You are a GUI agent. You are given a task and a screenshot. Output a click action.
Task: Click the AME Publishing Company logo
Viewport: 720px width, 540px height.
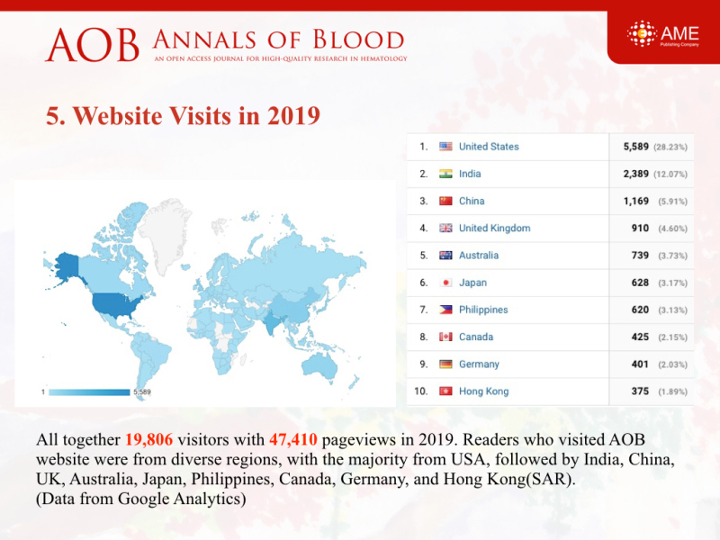coord(662,34)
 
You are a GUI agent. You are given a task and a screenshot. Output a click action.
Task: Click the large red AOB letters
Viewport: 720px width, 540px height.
coord(92,45)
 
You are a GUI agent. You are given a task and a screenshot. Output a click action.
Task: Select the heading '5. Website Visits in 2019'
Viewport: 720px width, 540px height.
coord(183,115)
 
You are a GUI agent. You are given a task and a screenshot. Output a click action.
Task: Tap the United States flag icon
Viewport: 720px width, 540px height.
coord(445,147)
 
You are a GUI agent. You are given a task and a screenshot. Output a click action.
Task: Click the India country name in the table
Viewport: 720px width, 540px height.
coord(470,174)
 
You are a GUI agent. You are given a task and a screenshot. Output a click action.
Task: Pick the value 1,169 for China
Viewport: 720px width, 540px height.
coord(636,201)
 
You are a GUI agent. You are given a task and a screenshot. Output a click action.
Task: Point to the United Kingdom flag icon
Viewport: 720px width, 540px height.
coord(445,228)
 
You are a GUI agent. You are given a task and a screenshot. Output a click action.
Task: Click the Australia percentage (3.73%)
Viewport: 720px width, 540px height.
coord(672,256)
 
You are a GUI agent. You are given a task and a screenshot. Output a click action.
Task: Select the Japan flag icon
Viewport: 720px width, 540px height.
coord(445,283)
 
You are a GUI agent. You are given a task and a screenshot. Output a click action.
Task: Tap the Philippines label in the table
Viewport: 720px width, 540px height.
coord(483,310)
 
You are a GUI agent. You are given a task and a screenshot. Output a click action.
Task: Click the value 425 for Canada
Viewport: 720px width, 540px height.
coord(640,337)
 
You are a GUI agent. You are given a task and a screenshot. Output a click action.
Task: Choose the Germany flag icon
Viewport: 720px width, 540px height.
coord(445,364)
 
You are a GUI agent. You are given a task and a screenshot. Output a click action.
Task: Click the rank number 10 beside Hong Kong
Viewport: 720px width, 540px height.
coord(420,391)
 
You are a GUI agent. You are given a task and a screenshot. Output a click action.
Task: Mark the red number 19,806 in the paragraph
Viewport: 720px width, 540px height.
coord(149,439)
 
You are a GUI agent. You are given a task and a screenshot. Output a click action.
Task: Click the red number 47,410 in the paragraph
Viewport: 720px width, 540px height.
coord(293,439)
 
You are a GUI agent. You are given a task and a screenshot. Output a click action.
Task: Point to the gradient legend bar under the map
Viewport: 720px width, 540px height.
coord(89,392)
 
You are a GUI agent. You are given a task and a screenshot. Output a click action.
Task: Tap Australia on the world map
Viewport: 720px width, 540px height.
coord(319,365)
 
